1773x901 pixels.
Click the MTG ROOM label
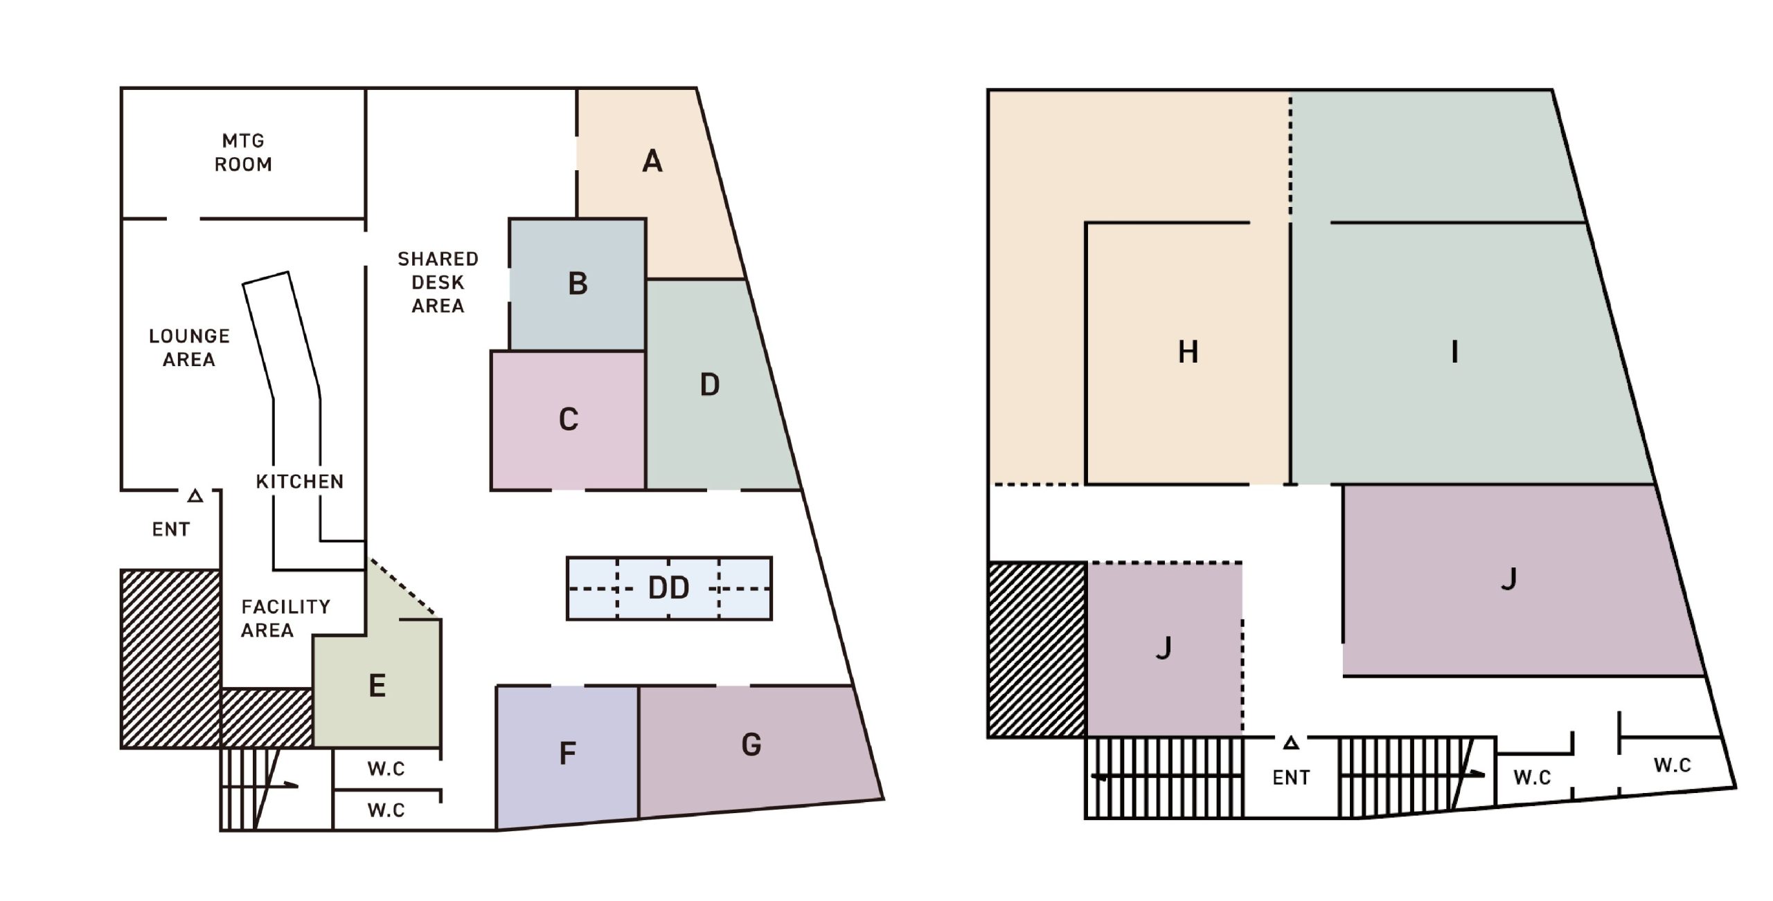pyautogui.click(x=243, y=153)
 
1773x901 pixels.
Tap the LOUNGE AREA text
pyautogui.click(x=189, y=347)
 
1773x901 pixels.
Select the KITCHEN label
pyautogui.click(x=299, y=482)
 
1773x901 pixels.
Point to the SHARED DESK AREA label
pyautogui.click(x=438, y=282)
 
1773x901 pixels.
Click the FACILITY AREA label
pyautogui.click(x=285, y=618)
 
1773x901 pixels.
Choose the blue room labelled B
pyautogui.click(x=578, y=284)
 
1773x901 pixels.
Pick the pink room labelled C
pyautogui.click(x=568, y=420)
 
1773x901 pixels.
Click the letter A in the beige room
pyautogui.click(x=652, y=162)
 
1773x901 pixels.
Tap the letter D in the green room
pyautogui.click(x=709, y=385)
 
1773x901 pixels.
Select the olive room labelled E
pyautogui.click(x=377, y=686)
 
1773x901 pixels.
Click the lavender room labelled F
pyautogui.click(x=567, y=754)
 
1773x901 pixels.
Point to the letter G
pyautogui.click(x=751, y=745)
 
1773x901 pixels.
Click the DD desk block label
pyautogui.click(x=668, y=588)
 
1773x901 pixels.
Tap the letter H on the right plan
pyautogui.click(x=1188, y=352)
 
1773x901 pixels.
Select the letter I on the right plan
pyautogui.click(x=1454, y=352)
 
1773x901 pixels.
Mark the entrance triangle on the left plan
pyautogui.click(x=195, y=496)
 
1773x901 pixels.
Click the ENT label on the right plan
pyautogui.click(x=1291, y=778)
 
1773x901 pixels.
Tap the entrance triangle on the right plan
pyautogui.click(x=1290, y=743)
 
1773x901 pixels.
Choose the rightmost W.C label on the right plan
pyautogui.click(x=1672, y=765)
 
